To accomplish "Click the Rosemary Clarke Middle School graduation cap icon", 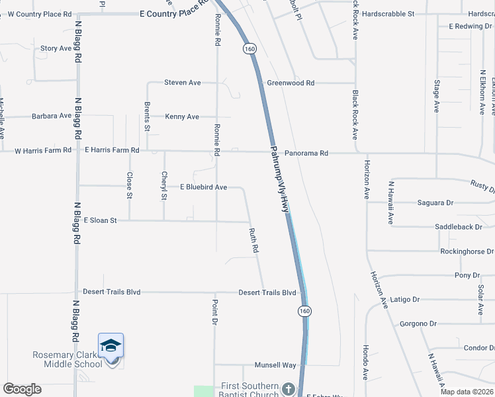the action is pos(111,345).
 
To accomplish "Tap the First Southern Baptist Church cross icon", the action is pos(288,388).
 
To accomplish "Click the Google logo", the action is pos(22,389).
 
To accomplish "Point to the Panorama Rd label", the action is pos(306,153).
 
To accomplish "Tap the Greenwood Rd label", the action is pos(291,83).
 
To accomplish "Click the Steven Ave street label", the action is pos(183,83).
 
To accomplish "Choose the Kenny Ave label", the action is pos(182,116).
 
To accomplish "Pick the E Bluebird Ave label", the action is pos(203,187).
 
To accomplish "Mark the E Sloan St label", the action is pos(100,220).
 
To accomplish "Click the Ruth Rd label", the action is pos(253,242).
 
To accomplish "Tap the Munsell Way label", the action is pos(275,365).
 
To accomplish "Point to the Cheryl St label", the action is pos(164,185).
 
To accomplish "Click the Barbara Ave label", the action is pos(52,116).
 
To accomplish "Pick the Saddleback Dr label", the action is pos(463,226).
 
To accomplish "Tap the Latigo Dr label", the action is pos(406,299).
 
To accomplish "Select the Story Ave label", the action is pos(56,48).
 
